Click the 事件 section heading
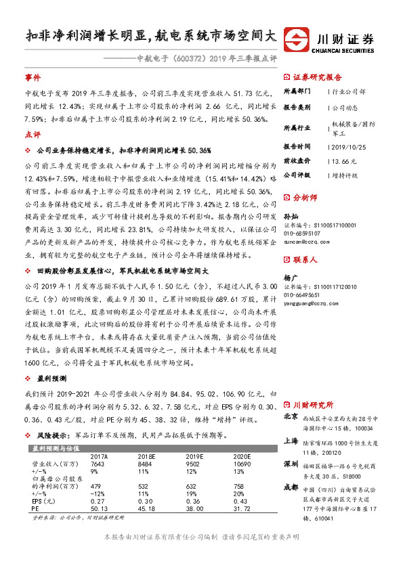point(33,78)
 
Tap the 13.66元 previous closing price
point(341,160)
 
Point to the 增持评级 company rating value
point(345,175)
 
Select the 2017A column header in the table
point(100,456)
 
